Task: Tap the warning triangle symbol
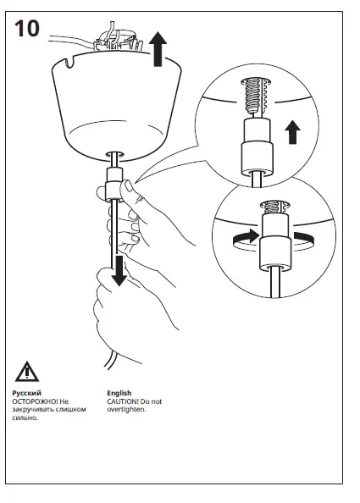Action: point(27,371)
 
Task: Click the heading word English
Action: point(119,394)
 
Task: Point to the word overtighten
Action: point(126,409)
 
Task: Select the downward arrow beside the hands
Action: point(119,270)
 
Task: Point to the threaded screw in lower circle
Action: point(271,207)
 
